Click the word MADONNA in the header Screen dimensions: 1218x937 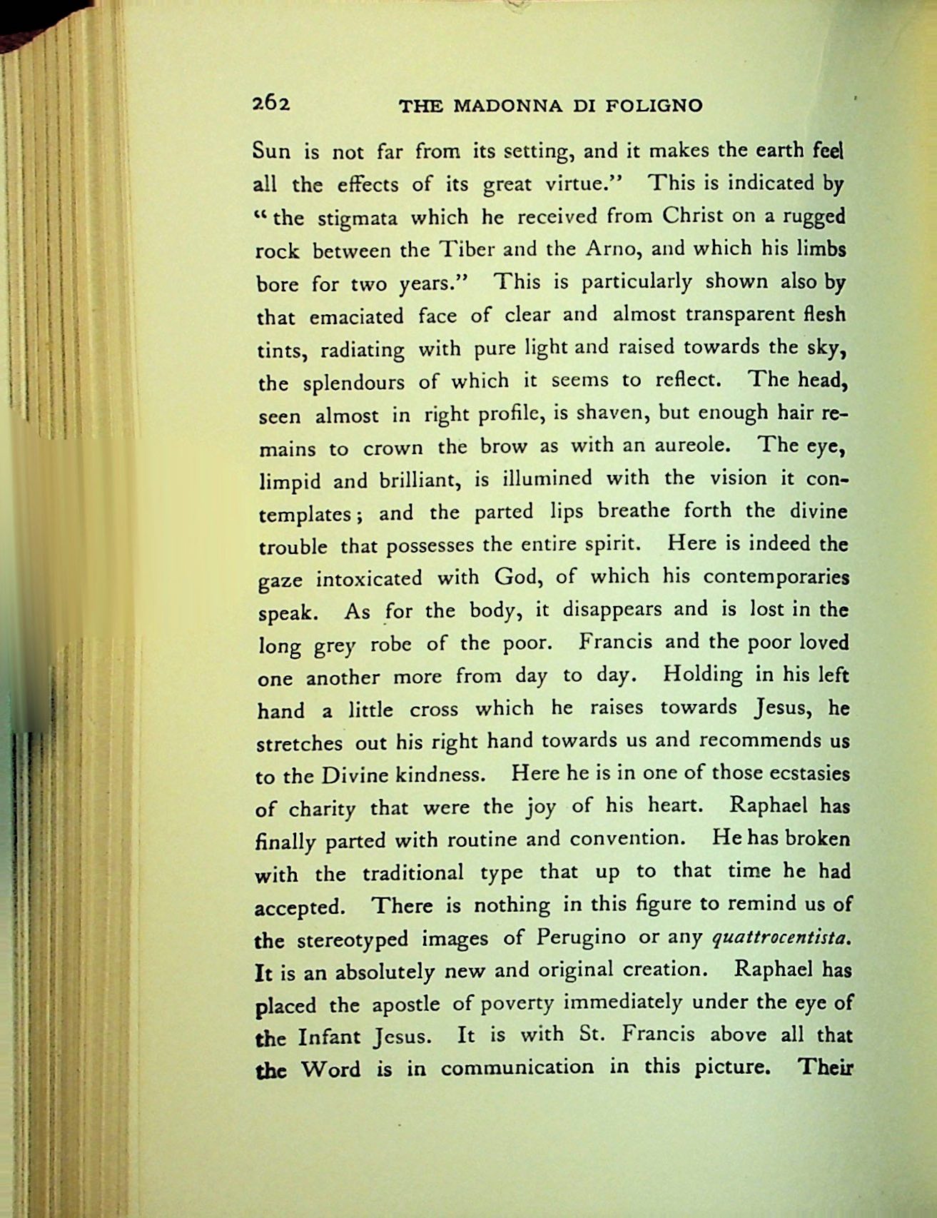(508, 106)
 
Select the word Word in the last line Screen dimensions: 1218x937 (330, 1070)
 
